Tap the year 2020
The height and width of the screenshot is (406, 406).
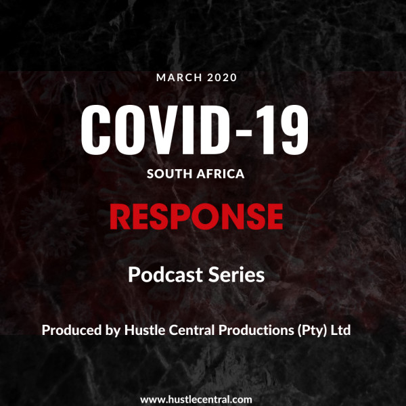click(222, 78)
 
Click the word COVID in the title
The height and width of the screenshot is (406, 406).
click(156, 130)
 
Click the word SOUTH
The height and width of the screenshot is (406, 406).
click(169, 174)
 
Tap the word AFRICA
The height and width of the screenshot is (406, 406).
click(221, 174)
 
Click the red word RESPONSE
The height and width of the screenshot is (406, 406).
click(196, 217)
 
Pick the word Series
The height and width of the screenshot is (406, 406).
click(236, 275)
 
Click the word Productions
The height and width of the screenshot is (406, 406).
click(256, 330)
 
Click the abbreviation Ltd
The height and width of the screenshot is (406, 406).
click(340, 330)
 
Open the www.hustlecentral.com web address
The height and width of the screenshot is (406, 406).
click(196, 399)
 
